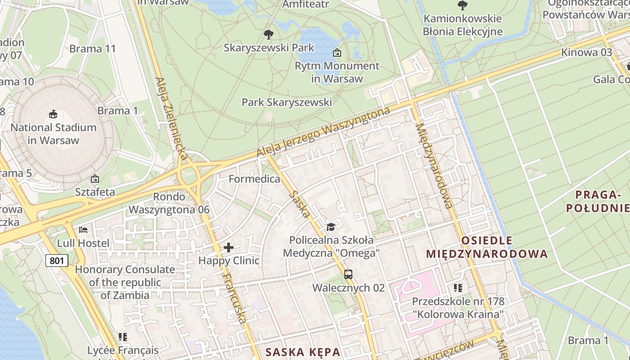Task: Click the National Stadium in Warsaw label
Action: coord(54,134)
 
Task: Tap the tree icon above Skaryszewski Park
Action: coord(269,34)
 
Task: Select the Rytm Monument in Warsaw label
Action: coord(337,72)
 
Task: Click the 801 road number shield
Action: coord(57,260)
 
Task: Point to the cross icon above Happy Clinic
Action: coord(229,247)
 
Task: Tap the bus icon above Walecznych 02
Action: coord(348,274)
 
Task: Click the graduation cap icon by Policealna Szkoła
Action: coord(331,226)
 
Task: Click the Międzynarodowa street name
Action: coord(434,166)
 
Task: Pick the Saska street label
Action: coord(300,204)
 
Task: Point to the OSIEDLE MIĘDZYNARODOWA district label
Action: coord(487,247)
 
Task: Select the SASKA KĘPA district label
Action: coord(302,351)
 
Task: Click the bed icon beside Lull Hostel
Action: coord(83,230)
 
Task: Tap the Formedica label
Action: coord(254,179)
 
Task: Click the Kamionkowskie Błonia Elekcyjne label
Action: coord(462,25)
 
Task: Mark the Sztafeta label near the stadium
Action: coord(95,192)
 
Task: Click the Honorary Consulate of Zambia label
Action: coord(125,282)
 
